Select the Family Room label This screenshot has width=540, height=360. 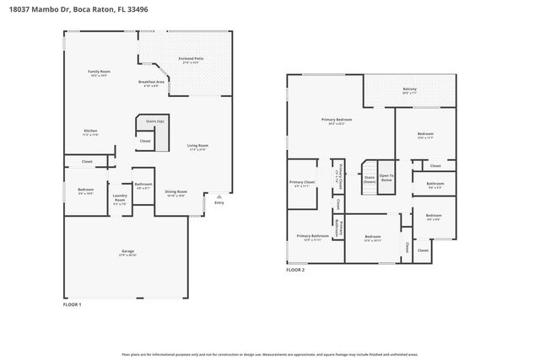[100, 73]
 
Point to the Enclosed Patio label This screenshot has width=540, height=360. [188, 59]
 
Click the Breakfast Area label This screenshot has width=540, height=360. [151, 82]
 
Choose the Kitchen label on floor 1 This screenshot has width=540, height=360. [91, 131]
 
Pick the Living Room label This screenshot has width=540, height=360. [197, 146]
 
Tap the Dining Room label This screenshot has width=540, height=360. [175, 192]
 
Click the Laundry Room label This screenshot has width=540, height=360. [120, 200]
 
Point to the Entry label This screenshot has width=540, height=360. [219, 202]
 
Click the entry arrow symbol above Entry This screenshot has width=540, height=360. [219, 195]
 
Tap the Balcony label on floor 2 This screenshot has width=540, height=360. [409, 89]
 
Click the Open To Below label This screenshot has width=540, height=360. [386, 178]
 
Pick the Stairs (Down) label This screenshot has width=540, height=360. [370, 180]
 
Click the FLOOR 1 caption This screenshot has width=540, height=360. [73, 304]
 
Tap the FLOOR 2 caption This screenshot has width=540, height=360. [295, 270]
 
